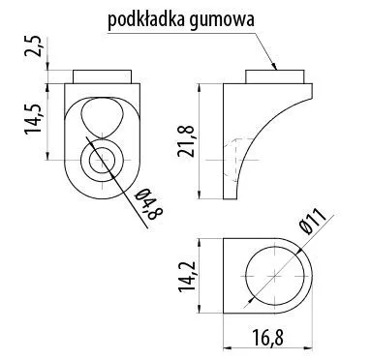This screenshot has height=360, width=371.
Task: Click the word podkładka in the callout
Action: (146, 17)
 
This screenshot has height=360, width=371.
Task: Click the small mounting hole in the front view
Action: (100, 160)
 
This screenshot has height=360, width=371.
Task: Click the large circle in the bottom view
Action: (275, 275)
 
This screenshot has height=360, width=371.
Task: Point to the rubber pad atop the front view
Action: (100, 76)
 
